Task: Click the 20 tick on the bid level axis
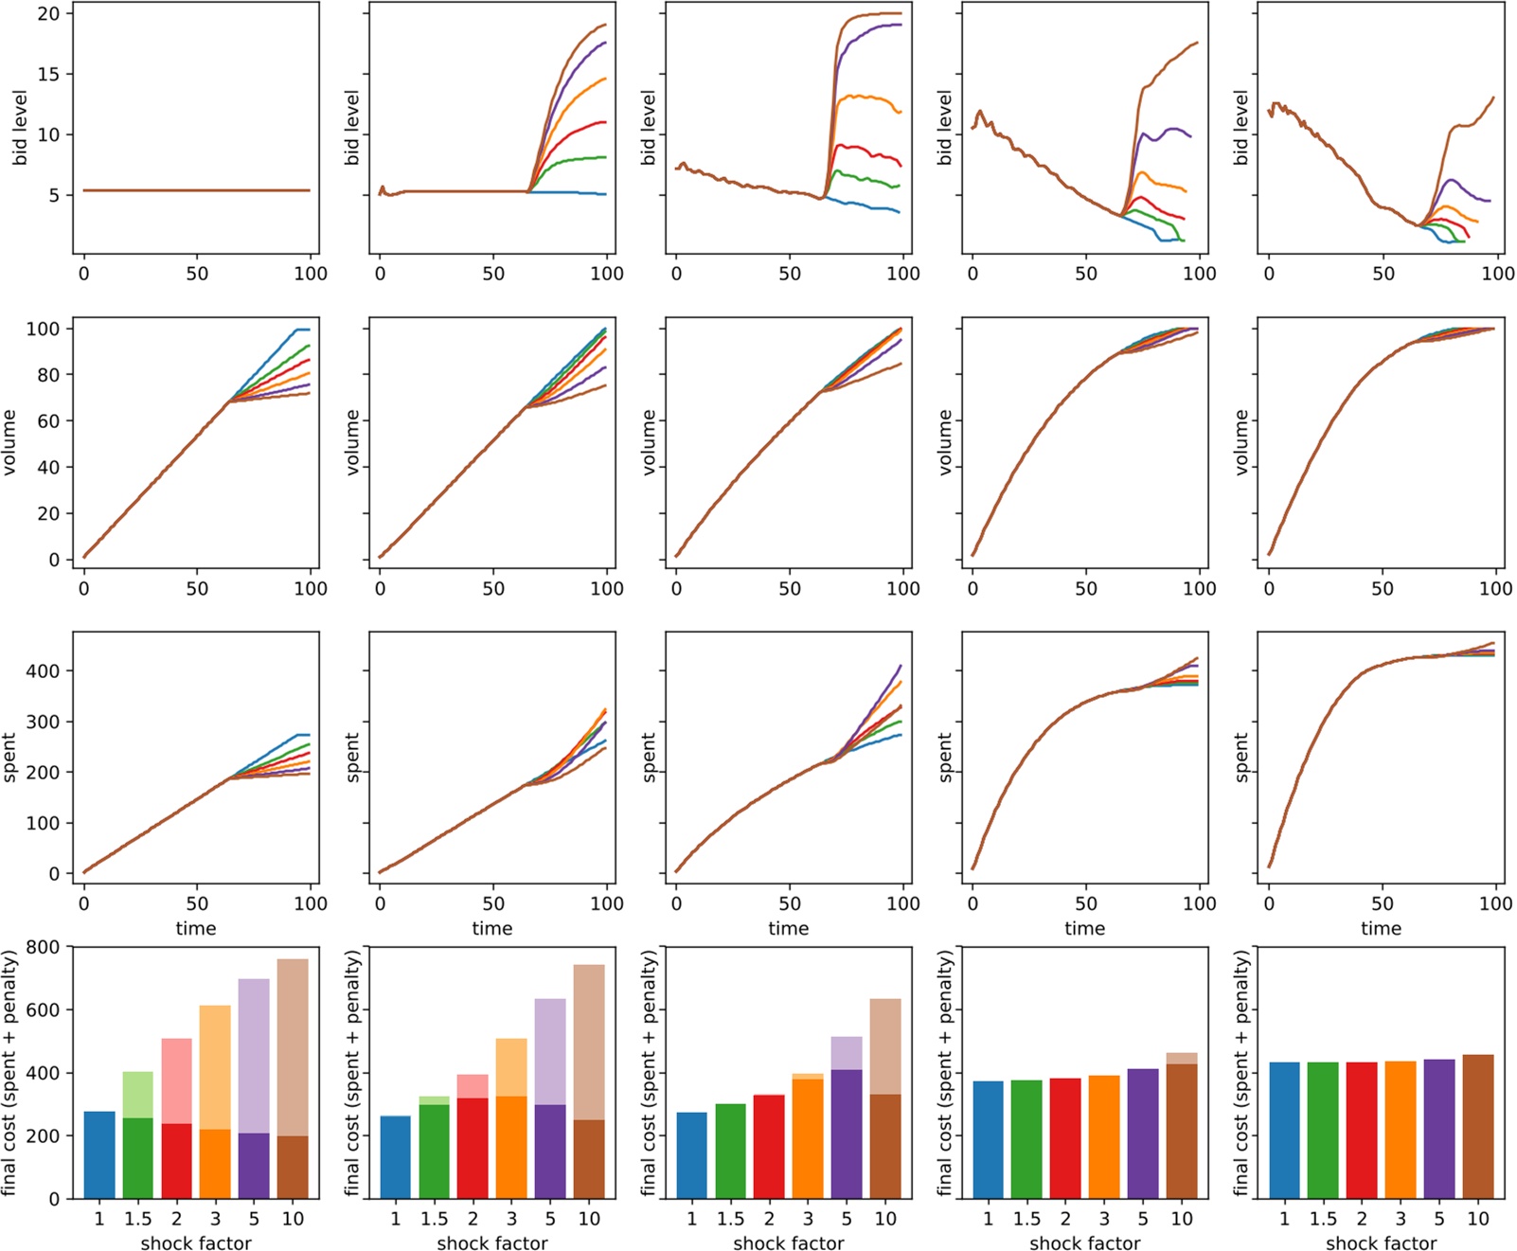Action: [48, 13]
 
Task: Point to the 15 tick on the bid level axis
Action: [48, 74]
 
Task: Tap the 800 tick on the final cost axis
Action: [43, 947]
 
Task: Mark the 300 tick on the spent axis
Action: [43, 722]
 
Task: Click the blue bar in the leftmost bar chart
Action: [99, 1155]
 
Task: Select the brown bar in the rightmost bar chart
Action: [1478, 1127]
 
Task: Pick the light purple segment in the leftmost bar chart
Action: [254, 1056]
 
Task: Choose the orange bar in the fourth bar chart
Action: [1104, 1136]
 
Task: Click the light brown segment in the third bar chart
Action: [885, 1046]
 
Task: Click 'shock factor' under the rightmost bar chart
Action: [1381, 1242]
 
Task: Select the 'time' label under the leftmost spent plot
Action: [196, 928]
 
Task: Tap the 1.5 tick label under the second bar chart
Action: [435, 1219]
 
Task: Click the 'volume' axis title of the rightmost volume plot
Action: [1241, 442]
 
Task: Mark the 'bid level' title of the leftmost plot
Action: [20, 128]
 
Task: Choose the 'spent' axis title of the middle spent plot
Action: [649, 757]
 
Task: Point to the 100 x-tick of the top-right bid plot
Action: [1497, 274]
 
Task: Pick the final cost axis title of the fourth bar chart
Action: [945, 1073]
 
